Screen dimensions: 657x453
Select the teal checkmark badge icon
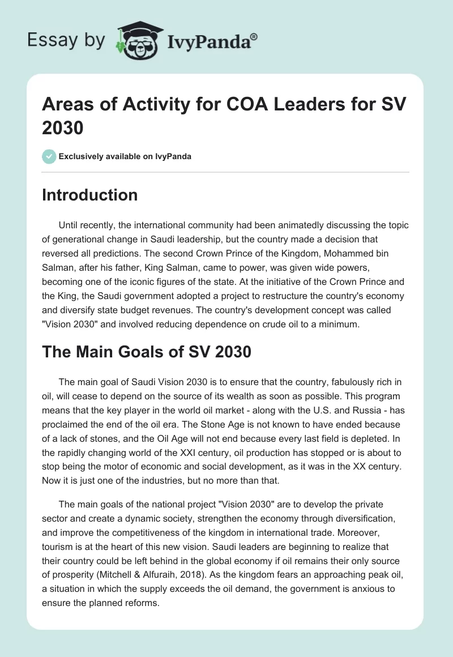[49, 156]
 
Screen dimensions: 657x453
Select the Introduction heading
[90, 195]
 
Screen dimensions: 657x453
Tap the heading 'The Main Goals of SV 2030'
[147, 352]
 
